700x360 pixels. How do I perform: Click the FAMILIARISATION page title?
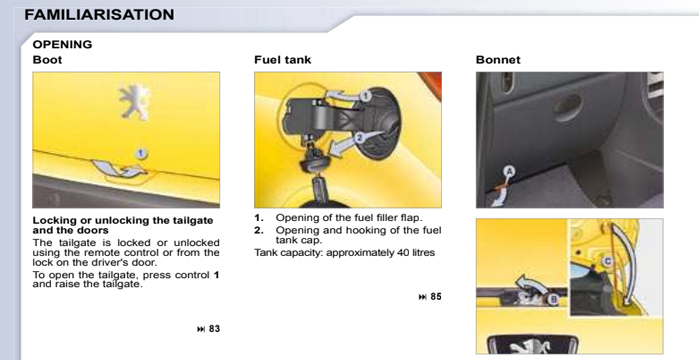coord(98,15)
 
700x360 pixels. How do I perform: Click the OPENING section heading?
coord(62,45)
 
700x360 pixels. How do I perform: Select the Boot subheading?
coord(47,60)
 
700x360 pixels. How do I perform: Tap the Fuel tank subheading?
coord(282,60)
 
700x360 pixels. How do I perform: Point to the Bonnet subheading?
coord(497,60)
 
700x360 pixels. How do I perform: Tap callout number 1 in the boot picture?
coord(142,153)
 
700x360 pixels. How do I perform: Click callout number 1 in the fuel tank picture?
coord(366,96)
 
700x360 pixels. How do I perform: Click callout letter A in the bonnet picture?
coord(507,172)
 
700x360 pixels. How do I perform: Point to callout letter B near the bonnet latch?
coord(553,298)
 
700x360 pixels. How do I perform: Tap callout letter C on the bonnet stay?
coord(607,259)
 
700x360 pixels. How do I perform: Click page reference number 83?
coord(214,328)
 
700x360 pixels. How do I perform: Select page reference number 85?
coord(435,296)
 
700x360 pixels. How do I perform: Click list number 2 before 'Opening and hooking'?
coord(258,230)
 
